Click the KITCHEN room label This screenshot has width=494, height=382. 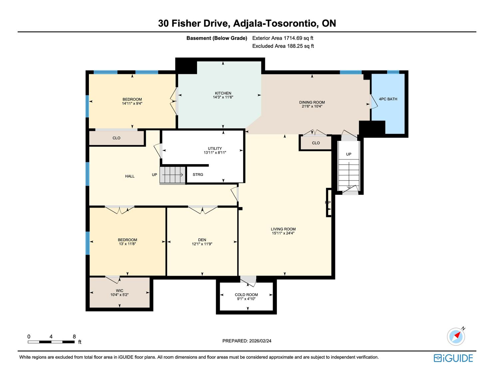pos(223,93)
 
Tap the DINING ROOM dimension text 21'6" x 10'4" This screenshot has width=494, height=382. pos(312,106)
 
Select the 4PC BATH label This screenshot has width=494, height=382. pos(388,99)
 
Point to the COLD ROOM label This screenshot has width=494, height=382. pos(246,295)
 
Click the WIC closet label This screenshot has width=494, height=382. pos(120,291)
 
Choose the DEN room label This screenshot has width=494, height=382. pos(202,240)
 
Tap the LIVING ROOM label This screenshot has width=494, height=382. pos(283,229)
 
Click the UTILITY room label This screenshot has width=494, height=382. pos(215,149)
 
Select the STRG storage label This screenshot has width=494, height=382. pos(198,175)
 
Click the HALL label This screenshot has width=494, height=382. pos(129,176)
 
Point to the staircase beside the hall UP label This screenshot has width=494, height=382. pos(172,175)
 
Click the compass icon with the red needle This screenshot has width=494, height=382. pos(456,336)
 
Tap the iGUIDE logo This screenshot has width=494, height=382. pos(453,358)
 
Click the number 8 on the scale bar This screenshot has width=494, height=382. pos(74,336)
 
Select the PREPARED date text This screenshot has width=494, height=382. pos(247,341)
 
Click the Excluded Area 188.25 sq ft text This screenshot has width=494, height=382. pos(283,46)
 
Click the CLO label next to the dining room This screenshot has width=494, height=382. pos(316,143)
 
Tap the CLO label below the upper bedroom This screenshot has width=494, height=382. pos(117,138)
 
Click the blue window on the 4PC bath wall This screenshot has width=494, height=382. pos(393,72)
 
